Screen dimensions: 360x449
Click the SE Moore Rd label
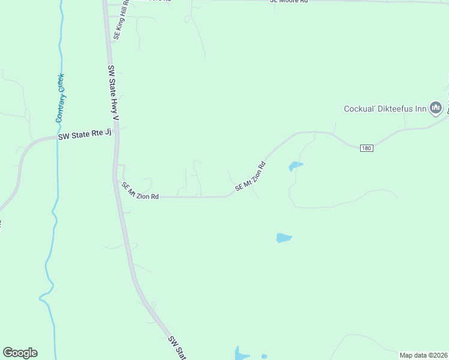(x=288, y=2)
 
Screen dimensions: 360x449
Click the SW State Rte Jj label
(x=85, y=136)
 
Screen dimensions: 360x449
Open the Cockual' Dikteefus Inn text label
(x=385, y=109)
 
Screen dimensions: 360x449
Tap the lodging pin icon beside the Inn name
(x=436, y=108)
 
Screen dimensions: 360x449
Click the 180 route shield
(x=367, y=148)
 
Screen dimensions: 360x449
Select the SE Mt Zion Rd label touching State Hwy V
(x=140, y=191)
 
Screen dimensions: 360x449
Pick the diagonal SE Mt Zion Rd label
(x=250, y=176)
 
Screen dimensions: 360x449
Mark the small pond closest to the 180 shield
(x=295, y=165)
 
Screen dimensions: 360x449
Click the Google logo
(x=20, y=353)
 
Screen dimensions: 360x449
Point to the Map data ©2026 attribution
(x=423, y=355)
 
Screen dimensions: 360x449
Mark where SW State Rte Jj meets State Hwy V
(x=116, y=133)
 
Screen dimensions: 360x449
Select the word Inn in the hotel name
(x=419, y=109)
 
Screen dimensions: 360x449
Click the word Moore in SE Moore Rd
(x=289, y=2)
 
